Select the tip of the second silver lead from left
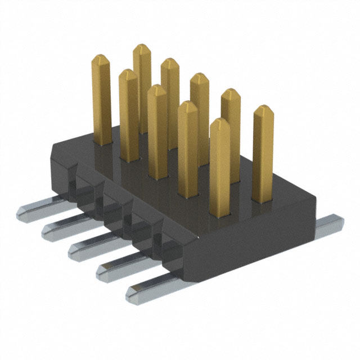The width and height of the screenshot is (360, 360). coord(48,229)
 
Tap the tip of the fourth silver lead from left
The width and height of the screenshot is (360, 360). coord(102,272)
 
